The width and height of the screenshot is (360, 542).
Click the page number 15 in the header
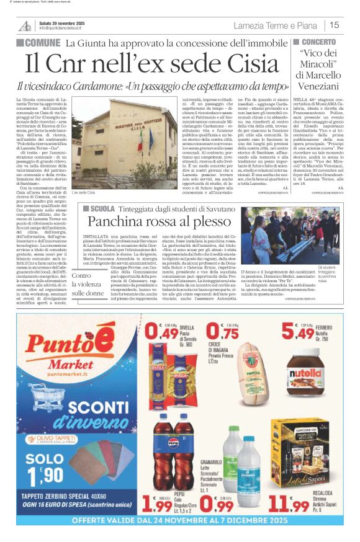(x=335, y=25)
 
